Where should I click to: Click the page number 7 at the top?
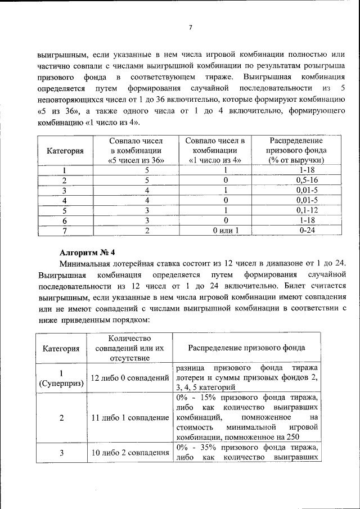[191, 28]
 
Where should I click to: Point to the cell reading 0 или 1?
[226, 230]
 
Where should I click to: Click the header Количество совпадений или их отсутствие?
[129, 348]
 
